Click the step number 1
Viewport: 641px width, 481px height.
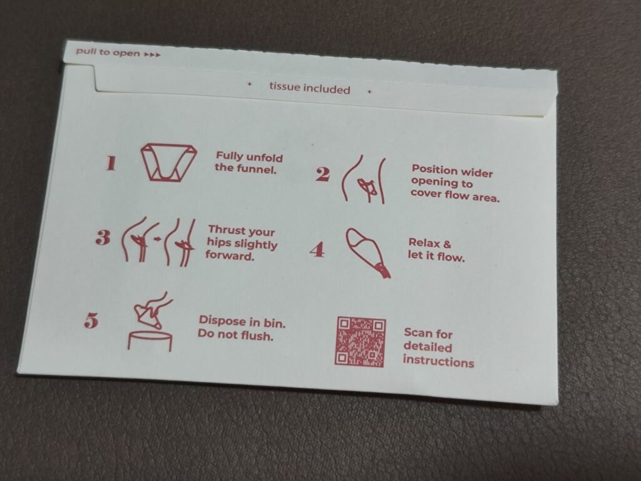point(111,163)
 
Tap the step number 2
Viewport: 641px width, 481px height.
point(322,174)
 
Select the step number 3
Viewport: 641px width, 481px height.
point(103,237)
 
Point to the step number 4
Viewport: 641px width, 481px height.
point(317,249)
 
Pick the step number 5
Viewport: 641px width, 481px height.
point(91,320)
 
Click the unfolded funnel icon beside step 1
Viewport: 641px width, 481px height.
point(168,162)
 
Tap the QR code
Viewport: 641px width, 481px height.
point(361,341)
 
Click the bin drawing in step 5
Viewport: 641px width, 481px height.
point(150,341)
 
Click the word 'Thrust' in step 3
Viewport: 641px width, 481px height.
point(225,229)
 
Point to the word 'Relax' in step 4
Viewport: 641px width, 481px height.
point(423,242)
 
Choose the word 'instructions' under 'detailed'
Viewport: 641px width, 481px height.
point(439,361)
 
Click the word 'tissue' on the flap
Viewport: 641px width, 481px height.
point(284,86)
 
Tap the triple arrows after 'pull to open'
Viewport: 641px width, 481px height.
point(153,54)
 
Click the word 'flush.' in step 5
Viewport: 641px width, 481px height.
point(257,336)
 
